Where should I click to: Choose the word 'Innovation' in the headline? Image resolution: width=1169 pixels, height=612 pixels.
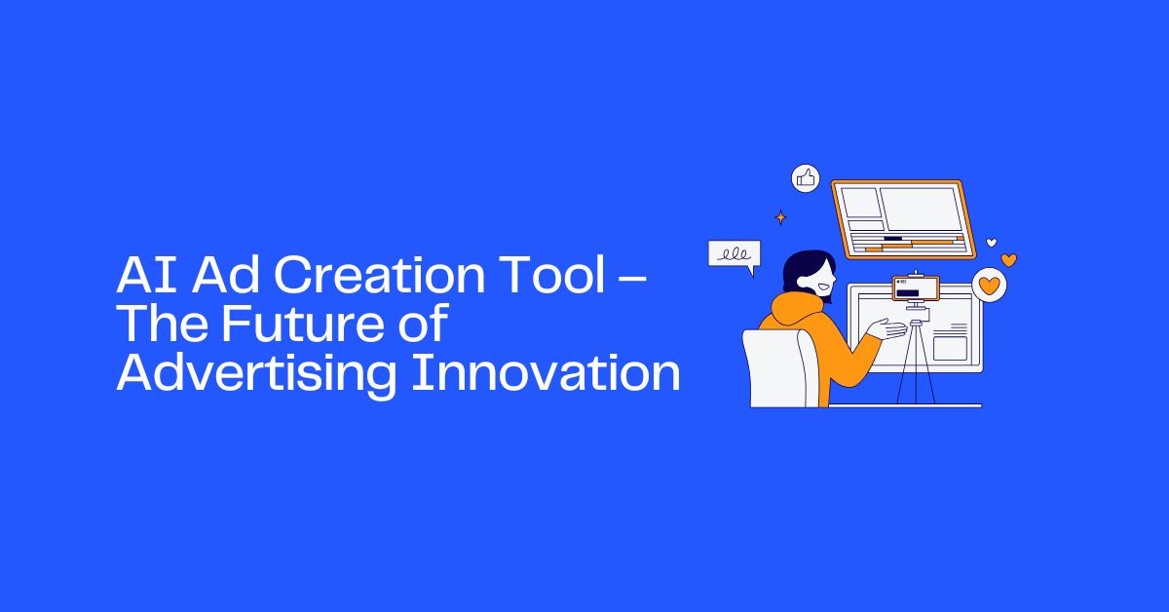(544, 374)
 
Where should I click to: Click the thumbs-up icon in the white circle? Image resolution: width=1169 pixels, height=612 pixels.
(806, 177)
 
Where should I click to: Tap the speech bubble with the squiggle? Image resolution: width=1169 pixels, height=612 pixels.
(734, 254)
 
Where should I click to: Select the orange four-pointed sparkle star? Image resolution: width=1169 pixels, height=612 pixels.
(779, 217)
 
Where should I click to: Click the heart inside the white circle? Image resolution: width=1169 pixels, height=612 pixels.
(990, 285)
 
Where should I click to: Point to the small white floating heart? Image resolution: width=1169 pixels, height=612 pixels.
(992, 242)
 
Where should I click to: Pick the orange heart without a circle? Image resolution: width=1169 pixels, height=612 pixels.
(1009, 260)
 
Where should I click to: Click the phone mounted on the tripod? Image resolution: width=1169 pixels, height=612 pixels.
(916, 289)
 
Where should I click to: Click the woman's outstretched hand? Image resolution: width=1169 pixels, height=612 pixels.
(891, 328)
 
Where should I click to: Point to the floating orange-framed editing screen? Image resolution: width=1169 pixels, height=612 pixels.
(897, 219)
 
